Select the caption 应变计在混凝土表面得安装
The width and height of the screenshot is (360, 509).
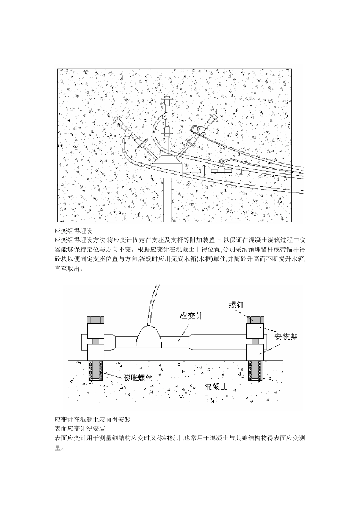(93, 419)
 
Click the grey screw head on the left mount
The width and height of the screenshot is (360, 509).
(96, 319)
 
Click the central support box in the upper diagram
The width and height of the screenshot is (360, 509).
(167, 168)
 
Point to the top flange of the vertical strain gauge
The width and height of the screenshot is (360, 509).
(167, 99)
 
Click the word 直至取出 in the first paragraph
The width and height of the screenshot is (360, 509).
(68, 269)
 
